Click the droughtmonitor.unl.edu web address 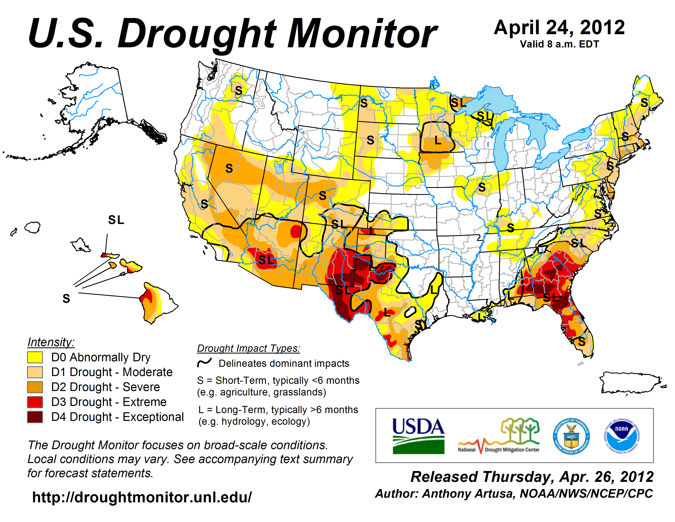[x=142, y=497]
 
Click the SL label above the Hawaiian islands [x=116, y=220]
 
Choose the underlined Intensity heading [x=51, y=342]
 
